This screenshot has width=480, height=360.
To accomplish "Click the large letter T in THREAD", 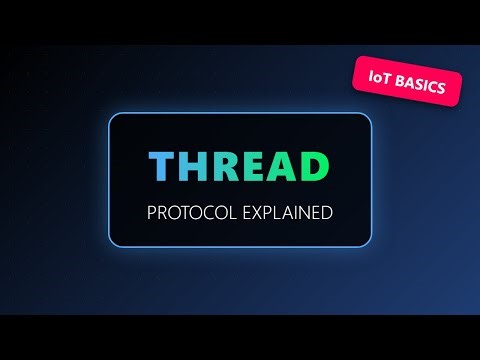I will click(x=162, y=167).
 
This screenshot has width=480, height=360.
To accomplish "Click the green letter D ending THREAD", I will click(x=317, y=167).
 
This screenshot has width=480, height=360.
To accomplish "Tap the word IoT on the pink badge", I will click(x=377, y=82).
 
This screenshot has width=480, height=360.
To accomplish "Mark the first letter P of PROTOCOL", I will click(x=151, y=213).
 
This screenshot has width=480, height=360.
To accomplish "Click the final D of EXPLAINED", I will click(x=327, y=213).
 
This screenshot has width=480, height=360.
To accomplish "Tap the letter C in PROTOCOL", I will click(x=208, y=213).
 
